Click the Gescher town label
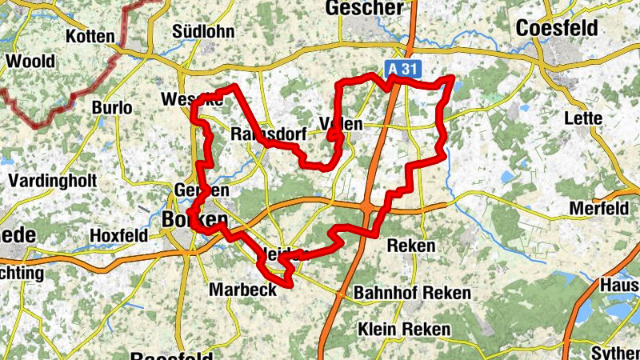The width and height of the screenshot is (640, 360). click(x=364, y=8)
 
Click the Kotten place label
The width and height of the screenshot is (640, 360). click(x=90, y=36)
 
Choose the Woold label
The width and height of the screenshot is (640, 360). click(x=30, y=62)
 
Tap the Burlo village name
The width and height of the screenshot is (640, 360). click(x=111, y=107)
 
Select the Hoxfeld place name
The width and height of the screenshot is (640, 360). click(x=119, y=236)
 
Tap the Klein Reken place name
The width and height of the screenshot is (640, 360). click(x=404, y=330)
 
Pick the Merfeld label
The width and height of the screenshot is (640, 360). click(x=598, y=209)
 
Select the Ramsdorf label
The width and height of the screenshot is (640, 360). click(x=267, y=134)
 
